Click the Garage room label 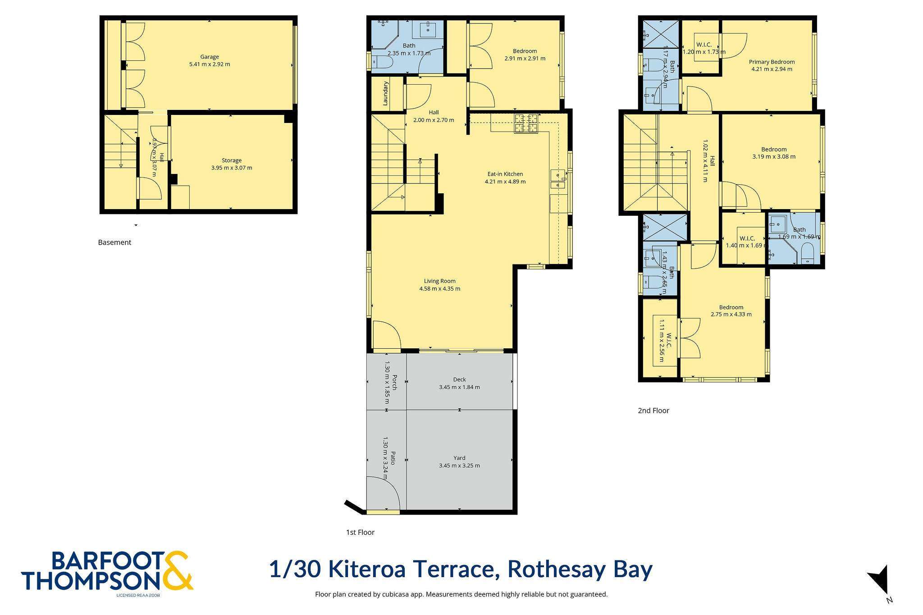(x=210, y=57)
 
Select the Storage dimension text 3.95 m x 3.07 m (x=232, y=168)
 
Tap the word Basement (x=114, y=242)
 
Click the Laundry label (x=386, y=94)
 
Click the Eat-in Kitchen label (x=505, y=174)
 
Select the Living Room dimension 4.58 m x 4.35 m (x=440, y=289)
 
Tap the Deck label (x=460, y=379)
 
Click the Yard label (x=460, y=458)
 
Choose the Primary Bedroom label (x=772, y=62)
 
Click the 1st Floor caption (x=360, y=533)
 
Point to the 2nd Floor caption (x=653, y=411)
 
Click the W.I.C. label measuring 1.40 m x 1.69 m (x=747, y=239)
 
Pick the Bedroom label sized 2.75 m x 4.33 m (x=731, y=307)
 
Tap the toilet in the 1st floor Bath (x=381, y=62)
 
